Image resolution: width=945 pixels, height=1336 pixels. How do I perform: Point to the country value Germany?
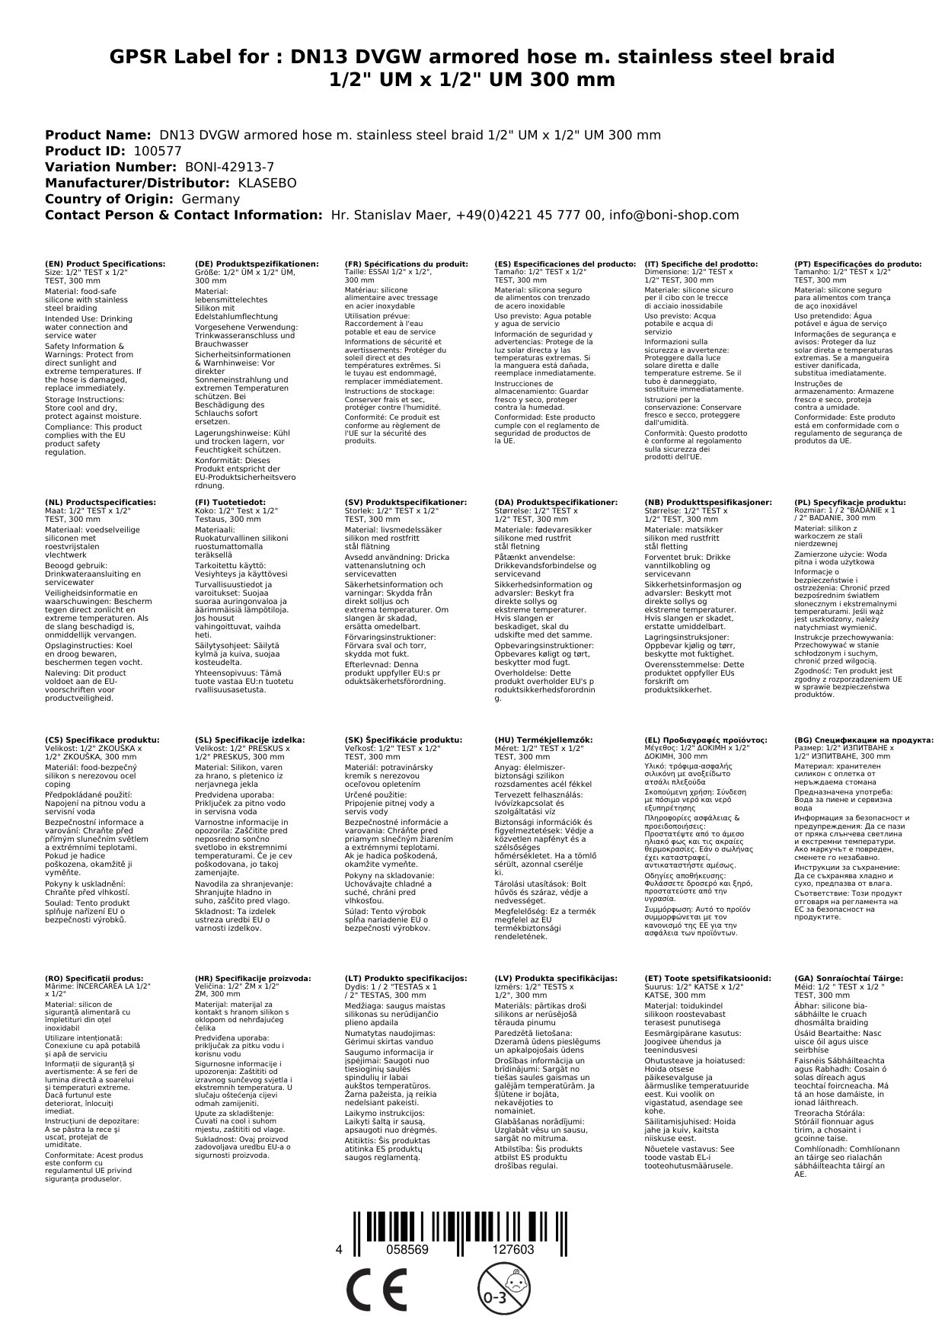click(x=210, y=199)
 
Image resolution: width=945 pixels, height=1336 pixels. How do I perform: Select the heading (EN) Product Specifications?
click(x=104, y=264)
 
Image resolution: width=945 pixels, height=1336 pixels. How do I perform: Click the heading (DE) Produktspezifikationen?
click(x=257, y=264)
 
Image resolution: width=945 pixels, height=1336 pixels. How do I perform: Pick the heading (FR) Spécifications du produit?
click(x=406, y=264)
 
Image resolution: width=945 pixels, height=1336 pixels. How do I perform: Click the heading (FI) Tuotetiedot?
click(x=230, y=502)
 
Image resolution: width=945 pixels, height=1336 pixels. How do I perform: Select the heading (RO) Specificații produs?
click(x=94, y=978)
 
